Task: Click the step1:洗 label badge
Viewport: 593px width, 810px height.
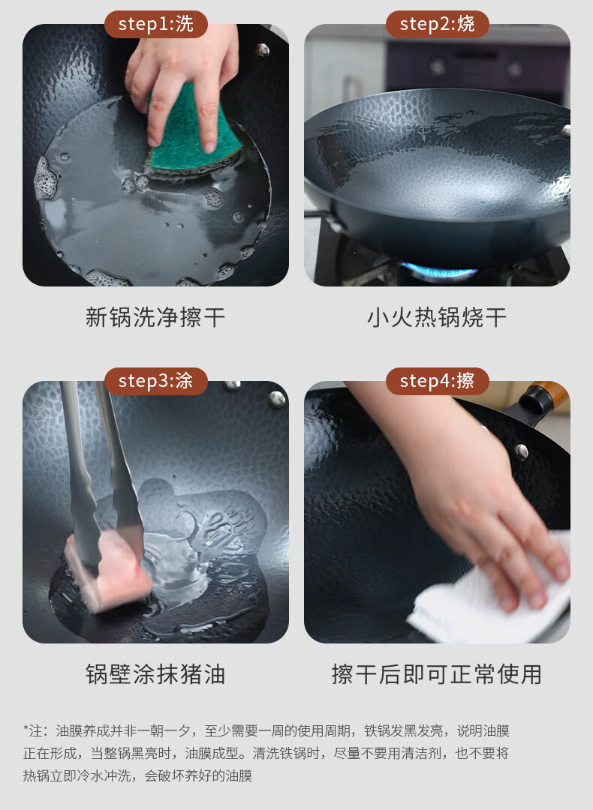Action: click(155, 24)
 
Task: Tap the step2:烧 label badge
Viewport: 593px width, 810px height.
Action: click(438, 24)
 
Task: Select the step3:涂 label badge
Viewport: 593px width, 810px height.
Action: click(155, 381)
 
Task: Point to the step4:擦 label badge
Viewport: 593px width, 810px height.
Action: click(438, 381)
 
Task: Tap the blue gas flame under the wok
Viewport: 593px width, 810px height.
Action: click(438, 271)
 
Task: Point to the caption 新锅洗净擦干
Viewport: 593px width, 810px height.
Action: click(155, 317)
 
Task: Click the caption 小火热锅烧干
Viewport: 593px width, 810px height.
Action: click(437, 317)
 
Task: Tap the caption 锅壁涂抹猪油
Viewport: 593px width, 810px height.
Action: click(155, 674)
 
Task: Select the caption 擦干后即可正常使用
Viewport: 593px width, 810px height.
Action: click(437, 674)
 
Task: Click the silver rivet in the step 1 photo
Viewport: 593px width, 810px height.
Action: click(263, 50)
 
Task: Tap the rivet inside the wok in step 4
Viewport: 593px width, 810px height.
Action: click(521, 451)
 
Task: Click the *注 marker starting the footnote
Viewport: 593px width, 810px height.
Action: click(33, 730)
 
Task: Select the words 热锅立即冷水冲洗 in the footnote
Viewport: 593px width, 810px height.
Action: click(74, 776)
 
